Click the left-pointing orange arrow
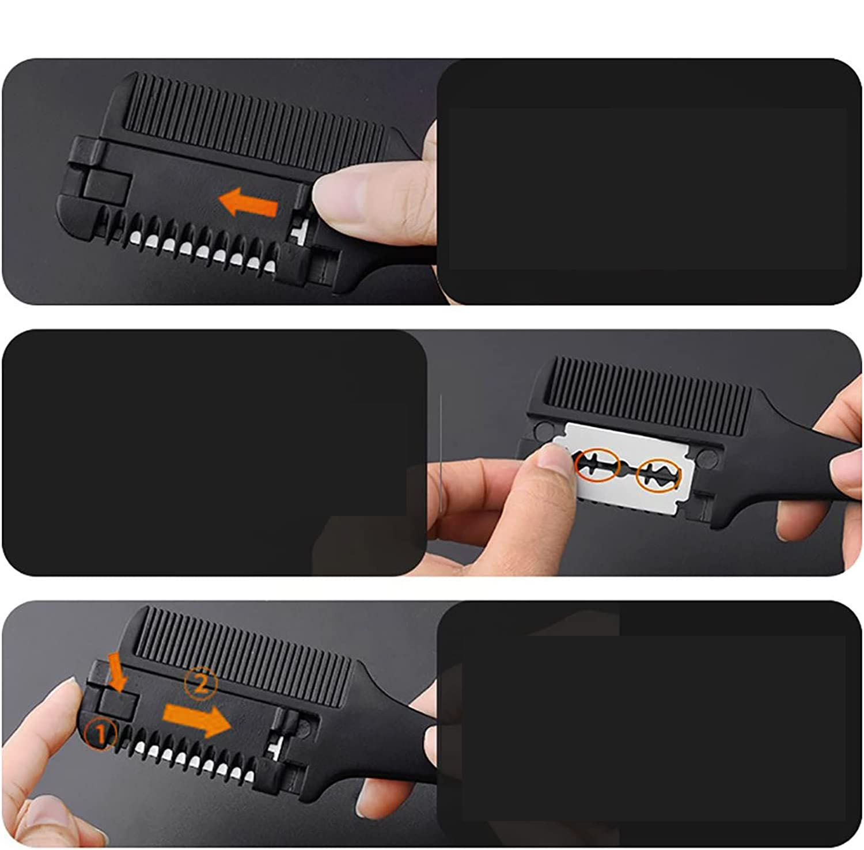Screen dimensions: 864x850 pos(248,203)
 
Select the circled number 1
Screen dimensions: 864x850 pos(100,734)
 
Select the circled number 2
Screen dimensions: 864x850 pos(200,684)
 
